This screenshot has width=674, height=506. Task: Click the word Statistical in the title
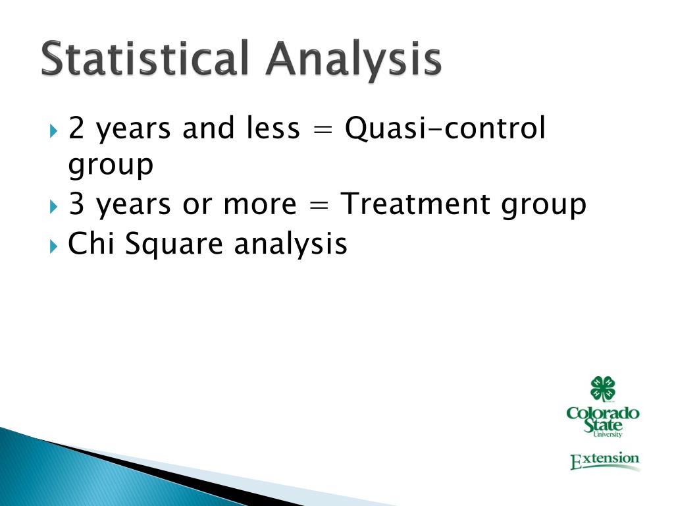click(145, 58)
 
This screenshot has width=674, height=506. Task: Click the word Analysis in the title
click(353, 61)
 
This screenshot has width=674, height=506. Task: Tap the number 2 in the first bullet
click(76, 128)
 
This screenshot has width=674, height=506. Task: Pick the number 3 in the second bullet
click(76, 204)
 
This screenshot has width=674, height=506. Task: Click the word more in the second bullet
click(260, 206)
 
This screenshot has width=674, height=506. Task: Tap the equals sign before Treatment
click(319, 206)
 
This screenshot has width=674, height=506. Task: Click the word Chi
click(91, 244)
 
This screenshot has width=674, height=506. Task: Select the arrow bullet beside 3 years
click(53, 206)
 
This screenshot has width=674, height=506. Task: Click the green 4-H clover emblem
click(603, 389)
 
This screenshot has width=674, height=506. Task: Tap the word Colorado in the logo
click(603, 414)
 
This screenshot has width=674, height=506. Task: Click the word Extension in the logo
click(605, 461)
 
